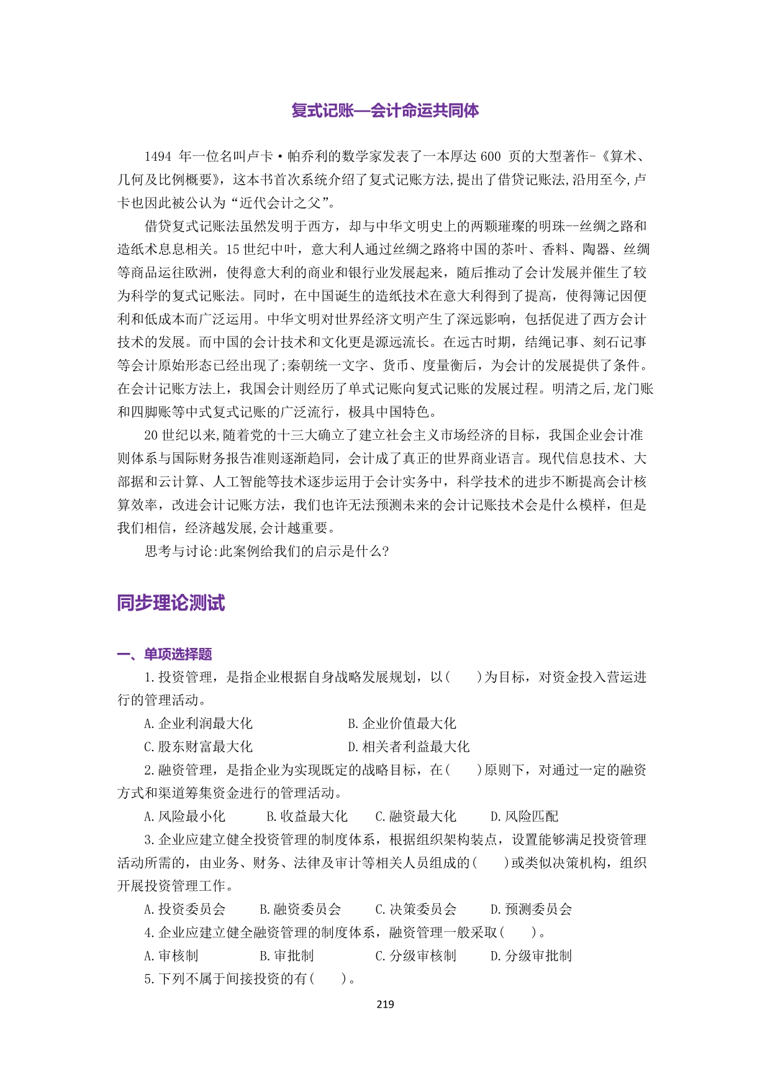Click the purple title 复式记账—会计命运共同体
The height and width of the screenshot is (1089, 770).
pos(385,111)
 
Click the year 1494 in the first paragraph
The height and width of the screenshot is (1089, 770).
pos(158,157)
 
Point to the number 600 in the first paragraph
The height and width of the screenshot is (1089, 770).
pos(490,157)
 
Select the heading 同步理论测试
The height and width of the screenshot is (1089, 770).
pos(171,603)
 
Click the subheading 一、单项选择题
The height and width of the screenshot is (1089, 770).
pos(165,654)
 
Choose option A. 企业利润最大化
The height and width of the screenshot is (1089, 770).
pos(198,723)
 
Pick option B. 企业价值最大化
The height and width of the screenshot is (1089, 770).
pos(402,723)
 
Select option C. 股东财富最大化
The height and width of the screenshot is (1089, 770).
pos(198,747)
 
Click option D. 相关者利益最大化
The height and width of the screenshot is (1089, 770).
pos(409,747)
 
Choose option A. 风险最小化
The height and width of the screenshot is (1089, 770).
pos(184,816)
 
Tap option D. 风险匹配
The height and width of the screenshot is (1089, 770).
pos(525,816)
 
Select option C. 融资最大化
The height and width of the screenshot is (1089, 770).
pos(415,816)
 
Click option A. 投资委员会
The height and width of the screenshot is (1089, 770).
pos(184,909)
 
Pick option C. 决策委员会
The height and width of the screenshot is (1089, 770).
pos(415,909)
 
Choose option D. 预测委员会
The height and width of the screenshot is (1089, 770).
pos(532,909)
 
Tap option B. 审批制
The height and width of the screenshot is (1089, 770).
pos(286,956)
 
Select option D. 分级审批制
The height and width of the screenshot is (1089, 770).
pos(532,956)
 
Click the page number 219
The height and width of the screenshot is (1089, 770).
pos(385,1005)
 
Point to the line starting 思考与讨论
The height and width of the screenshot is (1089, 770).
pos(267,551)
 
